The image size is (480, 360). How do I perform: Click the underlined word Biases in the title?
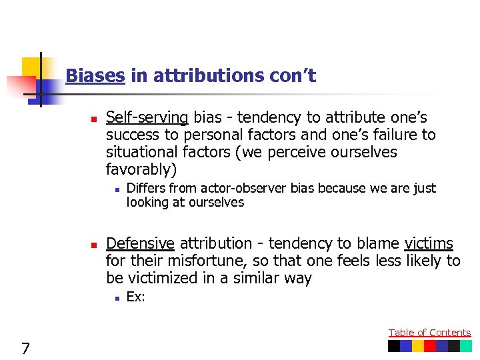[95, 76]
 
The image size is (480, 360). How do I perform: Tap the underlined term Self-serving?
[147, 118]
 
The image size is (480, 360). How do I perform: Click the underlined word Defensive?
[140, 244]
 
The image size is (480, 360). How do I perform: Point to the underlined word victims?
[429, 244]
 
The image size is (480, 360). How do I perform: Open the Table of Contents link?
[429, 333]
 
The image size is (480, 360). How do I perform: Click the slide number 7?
[25, 347]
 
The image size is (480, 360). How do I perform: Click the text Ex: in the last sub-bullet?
[135, 297]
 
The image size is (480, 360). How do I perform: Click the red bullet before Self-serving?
[95, 119]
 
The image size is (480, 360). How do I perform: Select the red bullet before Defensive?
[95, 245]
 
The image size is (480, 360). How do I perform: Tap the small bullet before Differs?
[116, 189]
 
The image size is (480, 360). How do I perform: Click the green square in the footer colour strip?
[465, 346]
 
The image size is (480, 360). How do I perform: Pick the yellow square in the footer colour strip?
[418, 346]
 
